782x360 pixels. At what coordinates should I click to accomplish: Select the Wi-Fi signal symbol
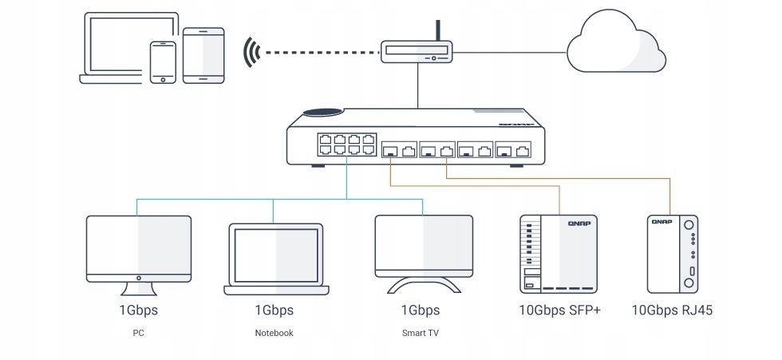point(252,53)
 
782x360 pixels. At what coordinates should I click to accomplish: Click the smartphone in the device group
point(163,61)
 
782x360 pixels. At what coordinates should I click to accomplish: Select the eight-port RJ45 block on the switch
point(346,144)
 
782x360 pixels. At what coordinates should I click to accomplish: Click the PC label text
point(138,333)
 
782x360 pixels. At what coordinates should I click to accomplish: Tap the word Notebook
point(274,333)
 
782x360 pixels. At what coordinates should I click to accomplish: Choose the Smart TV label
point(420,333)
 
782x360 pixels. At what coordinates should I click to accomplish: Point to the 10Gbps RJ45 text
point(671,310)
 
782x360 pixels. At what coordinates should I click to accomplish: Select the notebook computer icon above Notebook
point(274,254)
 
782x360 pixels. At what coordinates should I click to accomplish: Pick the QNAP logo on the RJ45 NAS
point(662,223)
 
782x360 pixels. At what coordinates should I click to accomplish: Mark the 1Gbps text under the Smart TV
point(420,310)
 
